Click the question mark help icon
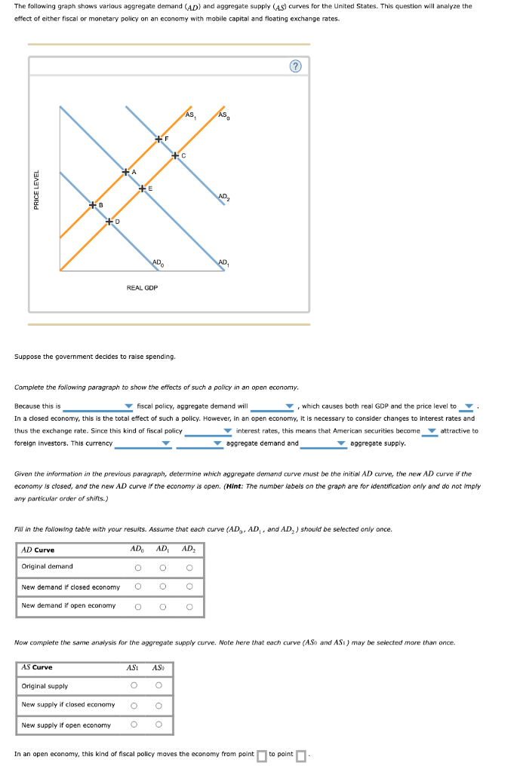point(296,66)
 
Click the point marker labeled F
point(158,139)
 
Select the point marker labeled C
point(175,155)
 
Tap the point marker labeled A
point(126,173)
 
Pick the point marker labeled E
point(142,188)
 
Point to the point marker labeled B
point(93,205)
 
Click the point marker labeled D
point(109,222)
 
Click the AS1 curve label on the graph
point(190,115)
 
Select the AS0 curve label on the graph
point(223,115)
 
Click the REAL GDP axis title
point(142,287)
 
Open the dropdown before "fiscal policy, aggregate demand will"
point(98,407)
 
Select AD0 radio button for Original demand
point(137,568)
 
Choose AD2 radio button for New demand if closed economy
point(189,587)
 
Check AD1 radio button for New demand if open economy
point(163,606)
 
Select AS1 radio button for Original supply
point(134,685)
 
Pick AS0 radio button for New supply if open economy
point(158,725)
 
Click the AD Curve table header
point(38,550)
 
